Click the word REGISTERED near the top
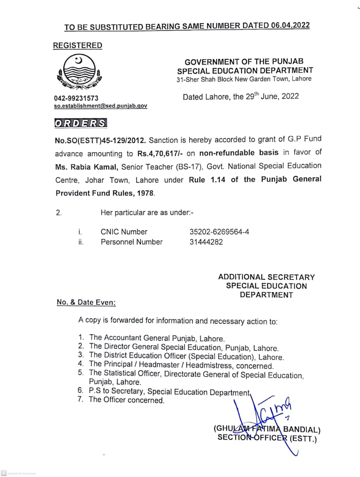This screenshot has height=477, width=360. [x=77, y=45]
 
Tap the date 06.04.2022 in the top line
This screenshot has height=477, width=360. [x=290, y=25]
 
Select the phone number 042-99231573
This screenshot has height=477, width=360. [x=76, y=98]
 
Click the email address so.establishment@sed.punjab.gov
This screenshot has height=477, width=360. [x=101, y=106]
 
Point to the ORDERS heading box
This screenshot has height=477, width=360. [x=80, y=123]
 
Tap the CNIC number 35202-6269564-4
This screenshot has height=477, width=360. [x=219, y=232]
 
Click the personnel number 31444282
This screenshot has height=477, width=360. [x=206, y=242]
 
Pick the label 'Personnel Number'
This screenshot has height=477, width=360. [x=132, y=242]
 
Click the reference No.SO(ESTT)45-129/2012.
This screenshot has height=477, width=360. [x=100, y=140]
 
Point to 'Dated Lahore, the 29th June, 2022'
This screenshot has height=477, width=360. [x=240, y=97]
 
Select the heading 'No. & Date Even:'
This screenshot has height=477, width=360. [x=86, y=302]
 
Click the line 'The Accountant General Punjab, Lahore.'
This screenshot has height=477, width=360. [x=157, y=338]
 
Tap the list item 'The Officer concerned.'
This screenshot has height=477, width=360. [x=126, y=400]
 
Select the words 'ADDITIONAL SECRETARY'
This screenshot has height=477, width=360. [x=266, y=277]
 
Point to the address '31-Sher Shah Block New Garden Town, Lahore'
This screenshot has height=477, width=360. [x=244, y=79]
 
